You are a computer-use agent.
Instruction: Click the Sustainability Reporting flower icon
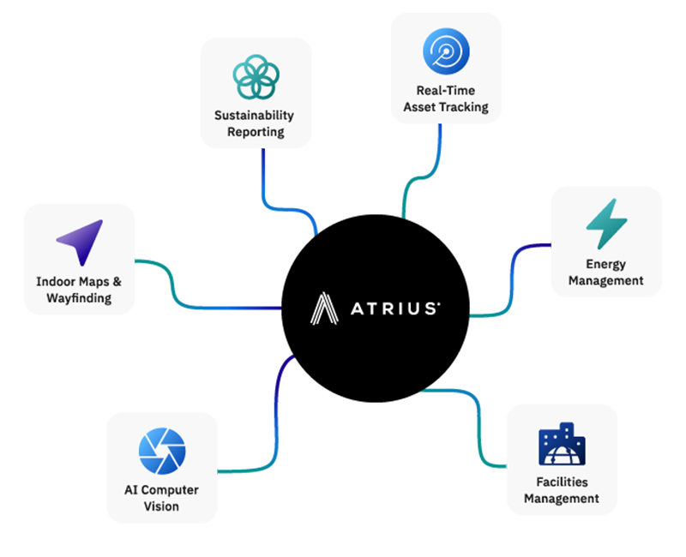point(255,77)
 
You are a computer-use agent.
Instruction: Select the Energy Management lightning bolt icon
point(606,225)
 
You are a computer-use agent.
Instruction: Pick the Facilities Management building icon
point(562,445)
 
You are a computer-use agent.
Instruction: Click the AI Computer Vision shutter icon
point(162,452)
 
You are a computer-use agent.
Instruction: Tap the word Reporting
point(255,132)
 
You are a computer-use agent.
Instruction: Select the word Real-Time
point(446,91)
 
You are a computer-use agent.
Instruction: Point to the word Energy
point(605,264)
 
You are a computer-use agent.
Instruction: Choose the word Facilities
point(562,482)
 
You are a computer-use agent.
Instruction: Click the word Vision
point(162,506)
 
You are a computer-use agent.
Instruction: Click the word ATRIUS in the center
point(395,308)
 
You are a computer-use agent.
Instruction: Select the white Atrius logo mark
point(325,308)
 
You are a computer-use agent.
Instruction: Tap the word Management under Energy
point(605,280)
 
